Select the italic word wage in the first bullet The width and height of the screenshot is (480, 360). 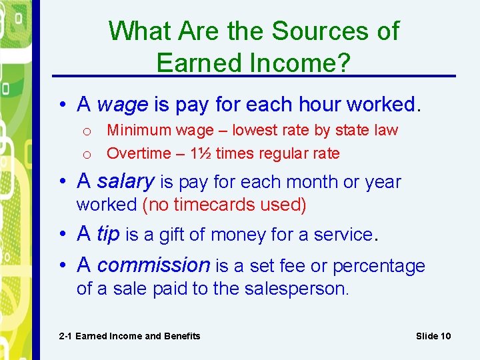click(123, 105)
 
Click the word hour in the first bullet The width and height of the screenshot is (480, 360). click(317, 104)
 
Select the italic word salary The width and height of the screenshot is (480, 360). click(125, 181)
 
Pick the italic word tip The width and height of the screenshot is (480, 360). click(108, 234)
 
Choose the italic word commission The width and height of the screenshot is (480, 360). click(153, 265)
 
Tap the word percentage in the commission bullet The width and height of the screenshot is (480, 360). click(378, 267)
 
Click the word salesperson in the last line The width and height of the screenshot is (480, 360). click(303, 289)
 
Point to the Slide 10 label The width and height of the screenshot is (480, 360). click(433, 336)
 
